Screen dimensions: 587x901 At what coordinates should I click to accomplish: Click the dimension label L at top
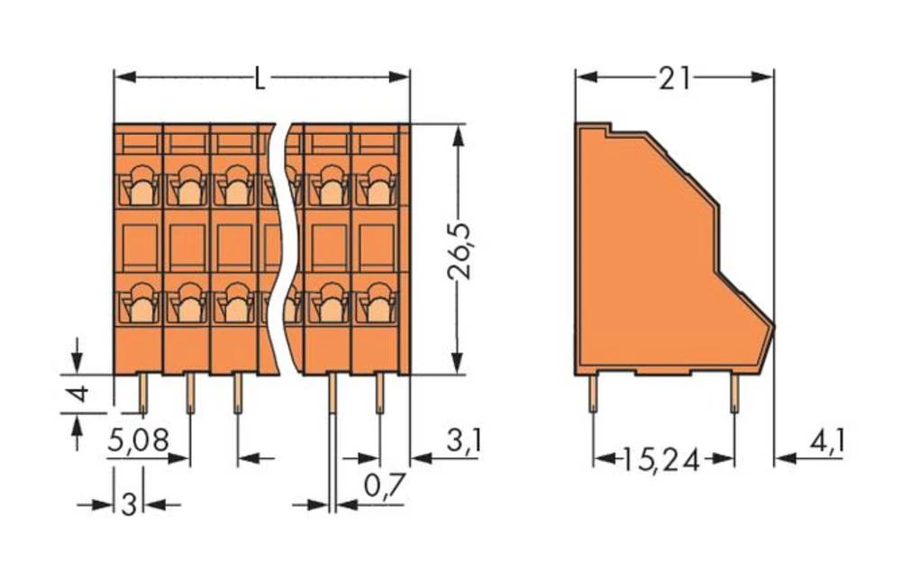coord(259,79)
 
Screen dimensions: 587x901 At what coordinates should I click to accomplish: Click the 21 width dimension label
coord(673,79)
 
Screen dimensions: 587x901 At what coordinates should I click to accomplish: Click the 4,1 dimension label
coord(827,442)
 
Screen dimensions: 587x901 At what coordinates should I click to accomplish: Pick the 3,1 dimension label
coord(464,441)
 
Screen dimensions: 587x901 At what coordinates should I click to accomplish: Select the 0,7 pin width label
coord(384,486)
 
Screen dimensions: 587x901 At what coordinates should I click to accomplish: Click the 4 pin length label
coord(79,393)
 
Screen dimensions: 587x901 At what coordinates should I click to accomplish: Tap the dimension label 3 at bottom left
coord(129,505)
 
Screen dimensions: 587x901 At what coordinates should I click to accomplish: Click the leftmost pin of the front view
coord(142,393)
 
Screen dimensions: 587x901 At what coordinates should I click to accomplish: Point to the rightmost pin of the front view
coord(379,393)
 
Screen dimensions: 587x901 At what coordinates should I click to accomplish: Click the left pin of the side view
coord(593,393)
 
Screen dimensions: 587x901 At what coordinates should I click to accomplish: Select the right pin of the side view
coord(734,393)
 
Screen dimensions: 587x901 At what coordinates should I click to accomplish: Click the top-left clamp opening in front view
coord(140,187)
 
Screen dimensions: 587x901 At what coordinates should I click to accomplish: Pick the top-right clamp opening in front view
coord(377,187)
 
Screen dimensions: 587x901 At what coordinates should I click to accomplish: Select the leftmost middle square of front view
coord(140,244)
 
